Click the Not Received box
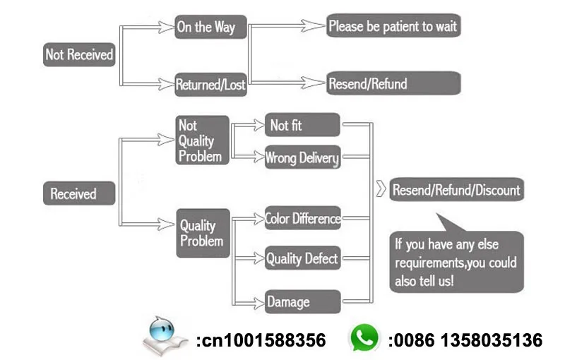point(79,54)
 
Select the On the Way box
point(205,28)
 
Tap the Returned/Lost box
point(210,85)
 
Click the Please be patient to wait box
point(393,27)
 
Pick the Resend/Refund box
point(393,83)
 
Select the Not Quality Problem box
point(202,140)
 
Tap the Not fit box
point(302,126)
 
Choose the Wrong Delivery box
point(302,157)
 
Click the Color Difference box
point(302,219)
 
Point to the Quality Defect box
point(302,258)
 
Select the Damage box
point(302,303)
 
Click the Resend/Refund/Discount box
point(456,189)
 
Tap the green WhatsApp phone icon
point(364,339)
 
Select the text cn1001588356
point(261,341)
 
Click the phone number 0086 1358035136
point(465,341)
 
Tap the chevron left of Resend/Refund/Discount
point(381,189)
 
